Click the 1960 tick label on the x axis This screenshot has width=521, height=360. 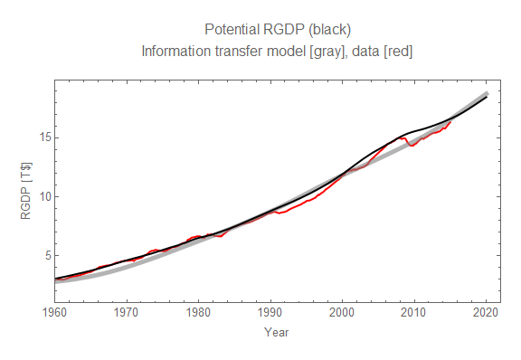coord(54,313)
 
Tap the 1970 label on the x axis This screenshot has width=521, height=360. coord(127,313)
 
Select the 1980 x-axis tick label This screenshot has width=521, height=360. coord(198,313)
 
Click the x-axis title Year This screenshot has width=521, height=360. coord(277,332)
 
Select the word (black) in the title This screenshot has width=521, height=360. coord(335,30)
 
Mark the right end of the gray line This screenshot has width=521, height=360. coord(487,93)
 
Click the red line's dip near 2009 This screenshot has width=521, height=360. coord(412,145)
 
